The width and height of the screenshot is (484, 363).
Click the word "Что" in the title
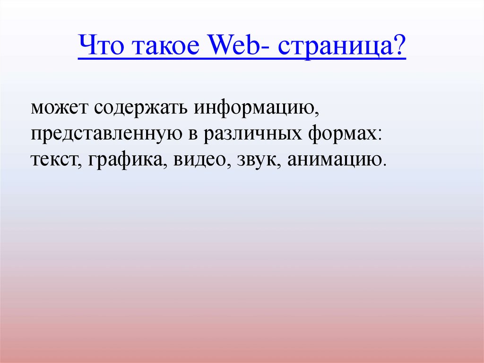[x=101, y=44]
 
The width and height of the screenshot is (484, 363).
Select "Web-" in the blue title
[x=240, y=44]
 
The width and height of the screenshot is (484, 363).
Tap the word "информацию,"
[x=257, y=108]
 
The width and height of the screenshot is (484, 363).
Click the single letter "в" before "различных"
[x=193, y=134]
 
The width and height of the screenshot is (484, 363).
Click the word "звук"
[x=259, y=160]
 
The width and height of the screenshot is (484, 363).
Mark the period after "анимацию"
[x=384, y=165]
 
